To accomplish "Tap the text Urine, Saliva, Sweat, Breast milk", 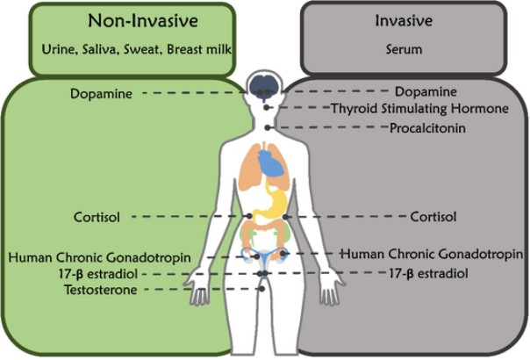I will click(x=135, y=50).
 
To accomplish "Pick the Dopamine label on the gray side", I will click(x=425, y=91).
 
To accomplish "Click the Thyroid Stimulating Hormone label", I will click(x=419, y=109).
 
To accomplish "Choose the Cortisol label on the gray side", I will click(x=433, y=216).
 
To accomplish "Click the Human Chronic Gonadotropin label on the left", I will click(x=99, y=257).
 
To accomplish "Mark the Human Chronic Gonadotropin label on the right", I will click(x=432, y=254).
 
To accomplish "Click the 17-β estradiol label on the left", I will click(x=98, y=274).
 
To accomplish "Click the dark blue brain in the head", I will click(x=263, y=85).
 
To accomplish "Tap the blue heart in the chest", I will click(x=271, y=164).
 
